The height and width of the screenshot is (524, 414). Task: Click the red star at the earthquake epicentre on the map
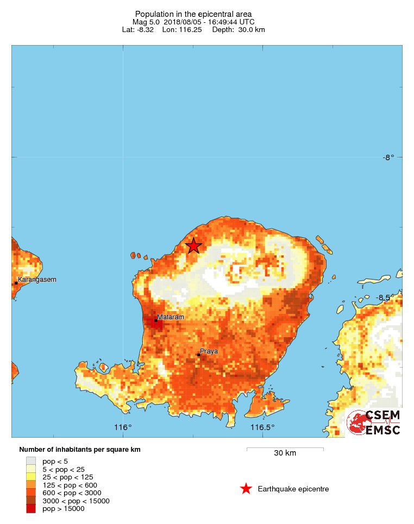(x=193, y=246)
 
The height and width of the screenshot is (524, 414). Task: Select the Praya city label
(x=209, y=351)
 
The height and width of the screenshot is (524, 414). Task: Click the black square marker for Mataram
(x=156, y=320)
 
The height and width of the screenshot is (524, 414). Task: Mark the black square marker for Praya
(x=199, y=355)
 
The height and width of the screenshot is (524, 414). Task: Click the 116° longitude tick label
(x=123, y=427)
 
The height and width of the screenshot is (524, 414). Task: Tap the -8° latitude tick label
(x=388, y=157)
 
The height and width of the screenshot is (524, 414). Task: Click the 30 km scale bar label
(x=285, y=453)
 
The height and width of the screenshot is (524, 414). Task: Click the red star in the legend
(x=246, y=489)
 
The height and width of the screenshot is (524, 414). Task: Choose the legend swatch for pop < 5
(x=31, y=461)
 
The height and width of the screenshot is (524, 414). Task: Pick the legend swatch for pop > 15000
(x=31, y=509)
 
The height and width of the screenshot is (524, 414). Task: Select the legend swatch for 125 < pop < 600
(x=31, y=485)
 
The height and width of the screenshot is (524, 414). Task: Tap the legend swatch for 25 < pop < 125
(x=31, y=477)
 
